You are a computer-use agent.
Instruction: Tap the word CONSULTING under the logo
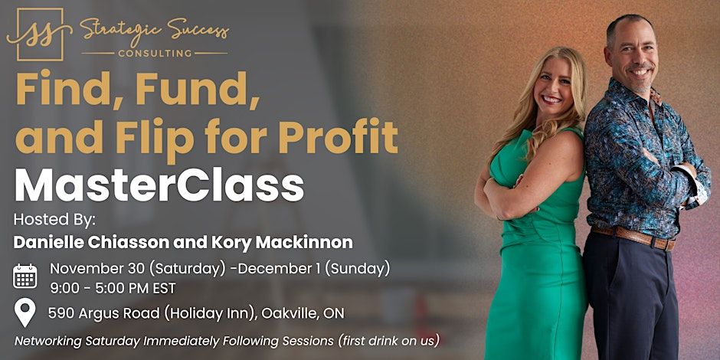pyautogui.click(x=154, y=54)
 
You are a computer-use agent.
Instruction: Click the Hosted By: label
pyautogui.click(x=54, y=220)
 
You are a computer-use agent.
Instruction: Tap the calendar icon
pyautogui.click(x=25, y=276)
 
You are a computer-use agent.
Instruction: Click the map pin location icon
pyautogui.click(x=25, y=313)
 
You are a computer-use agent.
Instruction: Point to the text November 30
pyautogui.click(x=96, y=268)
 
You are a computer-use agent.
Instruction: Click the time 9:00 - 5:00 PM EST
pyautogui.click(x=113, y=288)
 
